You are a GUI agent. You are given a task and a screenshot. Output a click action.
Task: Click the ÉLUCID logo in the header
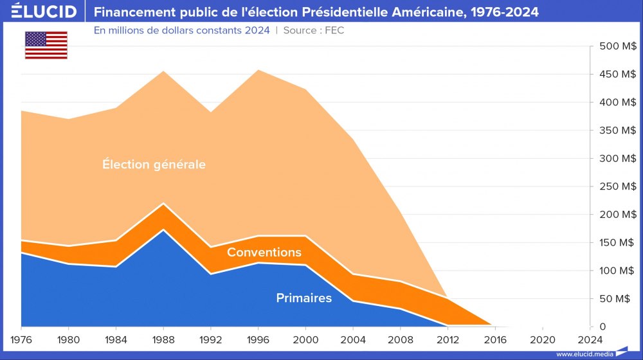click(x=44, y=12)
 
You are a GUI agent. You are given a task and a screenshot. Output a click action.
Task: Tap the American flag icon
click(x=46, y=45)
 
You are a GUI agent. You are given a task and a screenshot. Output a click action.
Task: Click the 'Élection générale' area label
click(x=154, y=165)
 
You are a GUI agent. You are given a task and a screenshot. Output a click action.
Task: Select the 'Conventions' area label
click(x=264, y=252)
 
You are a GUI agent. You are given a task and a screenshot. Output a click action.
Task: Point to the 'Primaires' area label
click(x=303, y=298)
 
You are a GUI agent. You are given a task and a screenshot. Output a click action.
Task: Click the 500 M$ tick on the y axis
click(x=618, y=46)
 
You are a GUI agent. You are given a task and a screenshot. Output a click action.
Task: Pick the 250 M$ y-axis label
click(x=618, y=186)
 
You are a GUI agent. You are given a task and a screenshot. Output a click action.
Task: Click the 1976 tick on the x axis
click(x=21, y=339)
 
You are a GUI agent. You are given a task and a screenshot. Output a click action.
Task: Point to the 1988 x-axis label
click(x=163, y=339)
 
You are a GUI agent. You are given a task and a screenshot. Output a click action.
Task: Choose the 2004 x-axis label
click(x=353, y=339)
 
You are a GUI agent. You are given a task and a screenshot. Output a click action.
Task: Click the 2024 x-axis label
click(x=590, y=339)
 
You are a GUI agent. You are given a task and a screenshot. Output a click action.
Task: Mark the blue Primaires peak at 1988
click(x=163, y=230)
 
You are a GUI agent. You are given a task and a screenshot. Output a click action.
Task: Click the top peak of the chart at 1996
click(x=258, y=70)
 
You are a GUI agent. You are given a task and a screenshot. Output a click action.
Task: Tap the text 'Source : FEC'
click(x=314, y=30)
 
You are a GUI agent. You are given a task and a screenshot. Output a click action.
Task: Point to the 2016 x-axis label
click(x=495, y=339)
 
